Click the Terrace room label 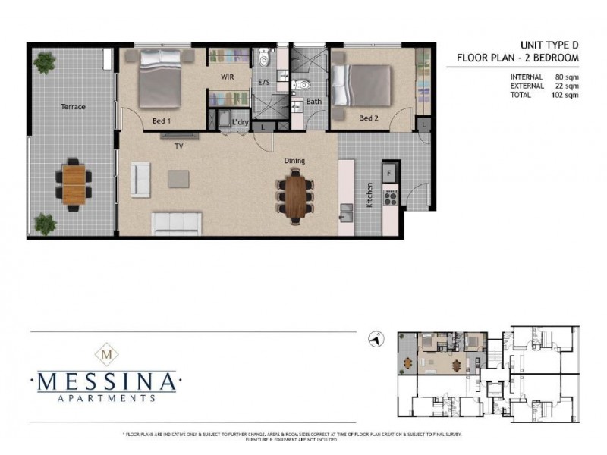coord(73,107)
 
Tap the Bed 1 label coord(162,121)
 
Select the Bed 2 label coord(368,118)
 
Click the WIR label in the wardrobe coord(226,77)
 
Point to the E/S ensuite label coord(265,82)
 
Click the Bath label coord(313,102)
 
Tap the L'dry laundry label coord(241,122)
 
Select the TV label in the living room coord(179,145)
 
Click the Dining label coord(294,160)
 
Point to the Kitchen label coord(370,195)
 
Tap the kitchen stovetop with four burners coord(391,198)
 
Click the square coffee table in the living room coord(180,178)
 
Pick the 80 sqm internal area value coord(565,76)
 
